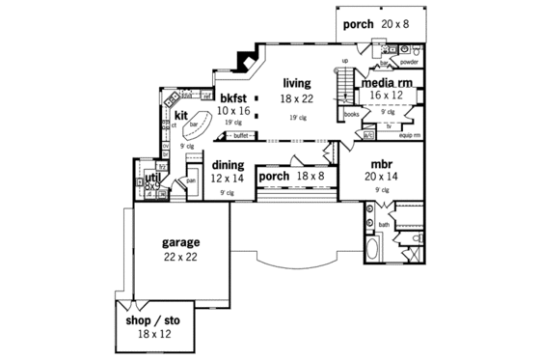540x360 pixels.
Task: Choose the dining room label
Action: click(229, 165)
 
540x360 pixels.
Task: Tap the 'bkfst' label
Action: click(234, 98)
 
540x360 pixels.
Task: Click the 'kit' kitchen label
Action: click(180, 116)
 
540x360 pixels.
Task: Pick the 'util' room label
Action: click(151, 178)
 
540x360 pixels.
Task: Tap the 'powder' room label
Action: click(410, 61)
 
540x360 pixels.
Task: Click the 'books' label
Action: click(351, 114)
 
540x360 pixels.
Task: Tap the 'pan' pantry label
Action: click(192, 180)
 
